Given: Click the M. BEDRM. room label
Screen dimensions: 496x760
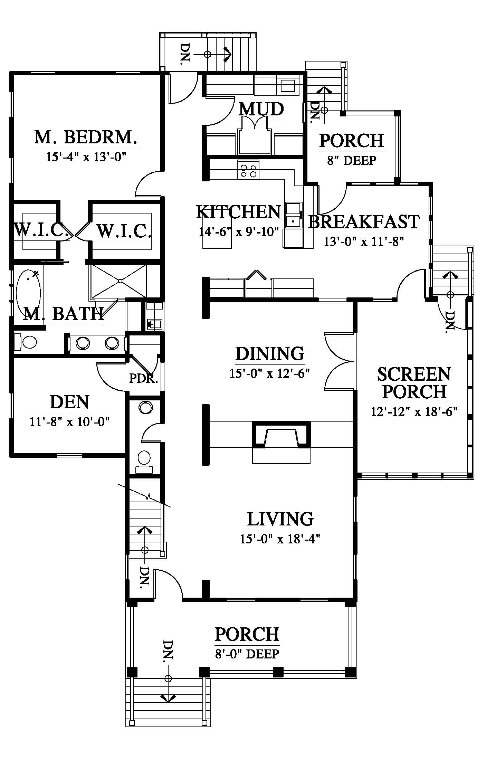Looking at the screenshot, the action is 86,137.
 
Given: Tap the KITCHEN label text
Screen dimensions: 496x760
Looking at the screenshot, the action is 239,212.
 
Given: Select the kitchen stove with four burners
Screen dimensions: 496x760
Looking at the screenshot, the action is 248,170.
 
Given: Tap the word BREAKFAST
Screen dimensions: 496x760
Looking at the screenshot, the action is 364,222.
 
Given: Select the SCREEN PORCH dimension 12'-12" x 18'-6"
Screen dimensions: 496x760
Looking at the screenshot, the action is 414,412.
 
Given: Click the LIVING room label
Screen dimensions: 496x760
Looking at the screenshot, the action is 280,519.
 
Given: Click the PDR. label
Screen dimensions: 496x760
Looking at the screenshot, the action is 143,379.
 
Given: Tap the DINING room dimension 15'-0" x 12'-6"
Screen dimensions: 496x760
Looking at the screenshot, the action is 270,373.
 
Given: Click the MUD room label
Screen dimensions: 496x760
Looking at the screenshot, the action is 261,109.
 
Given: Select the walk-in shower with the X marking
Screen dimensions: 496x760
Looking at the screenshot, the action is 118,282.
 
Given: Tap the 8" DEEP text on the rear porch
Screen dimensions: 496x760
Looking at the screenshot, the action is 352,161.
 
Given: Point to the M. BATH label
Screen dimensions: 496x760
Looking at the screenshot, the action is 64,314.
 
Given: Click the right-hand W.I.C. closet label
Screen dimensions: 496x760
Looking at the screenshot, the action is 124,231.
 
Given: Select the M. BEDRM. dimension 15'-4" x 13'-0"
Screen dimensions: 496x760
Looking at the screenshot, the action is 86,157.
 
